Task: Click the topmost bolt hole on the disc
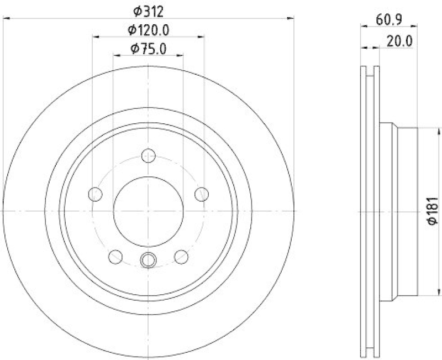(148, 155)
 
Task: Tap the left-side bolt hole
(96, 194)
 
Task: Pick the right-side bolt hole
(202, 194)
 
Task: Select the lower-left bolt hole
(115, 256)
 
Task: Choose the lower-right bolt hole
(181, 256)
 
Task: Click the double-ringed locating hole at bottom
(148, 258)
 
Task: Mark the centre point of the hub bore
(148, 211)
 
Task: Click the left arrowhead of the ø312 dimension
(7, 19)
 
